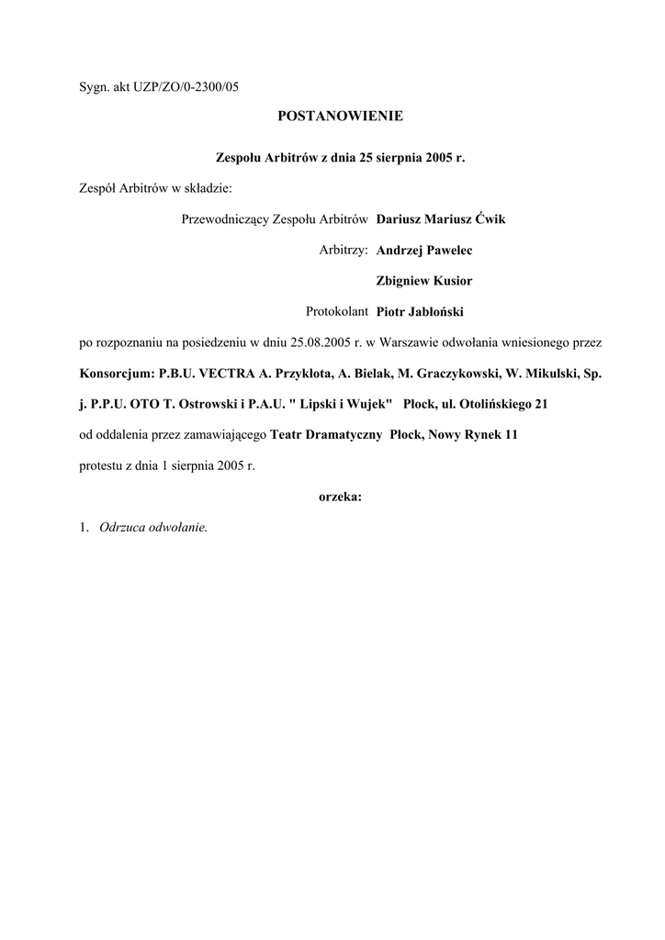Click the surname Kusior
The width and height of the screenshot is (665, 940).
click(x=450, y=281)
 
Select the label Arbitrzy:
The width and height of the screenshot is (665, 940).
click(x=344, y=250)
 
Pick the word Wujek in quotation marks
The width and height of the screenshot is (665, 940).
click(x=368, y=404)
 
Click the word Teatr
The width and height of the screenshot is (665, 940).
click(x=287, y=435)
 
